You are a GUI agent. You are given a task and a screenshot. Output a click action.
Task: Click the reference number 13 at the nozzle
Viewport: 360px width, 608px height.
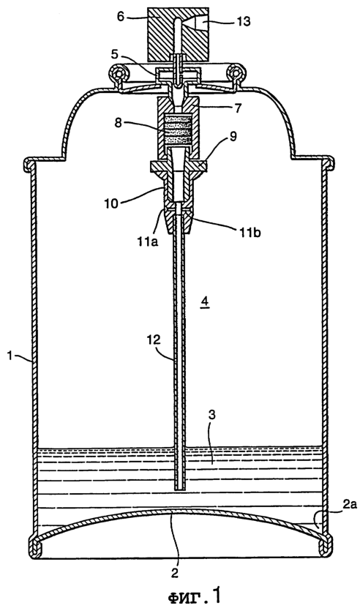coord(244,22)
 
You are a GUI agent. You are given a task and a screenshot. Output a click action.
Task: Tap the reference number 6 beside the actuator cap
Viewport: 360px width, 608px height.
coord(121,17)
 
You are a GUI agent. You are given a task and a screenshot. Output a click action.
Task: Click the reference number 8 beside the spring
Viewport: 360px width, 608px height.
coord(119,123)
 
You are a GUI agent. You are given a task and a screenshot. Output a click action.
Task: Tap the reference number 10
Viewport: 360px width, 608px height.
coord(111,203)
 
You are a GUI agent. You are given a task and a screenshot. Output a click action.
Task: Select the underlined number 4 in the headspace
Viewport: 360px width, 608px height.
coord(205,301)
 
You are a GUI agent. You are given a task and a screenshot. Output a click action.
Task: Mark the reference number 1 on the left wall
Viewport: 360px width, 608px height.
coord(10,354)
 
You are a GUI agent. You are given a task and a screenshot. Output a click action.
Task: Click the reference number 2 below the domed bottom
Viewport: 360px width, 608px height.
coord(176,572)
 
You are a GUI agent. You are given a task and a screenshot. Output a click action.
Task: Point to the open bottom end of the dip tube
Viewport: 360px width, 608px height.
coord(179,489)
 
